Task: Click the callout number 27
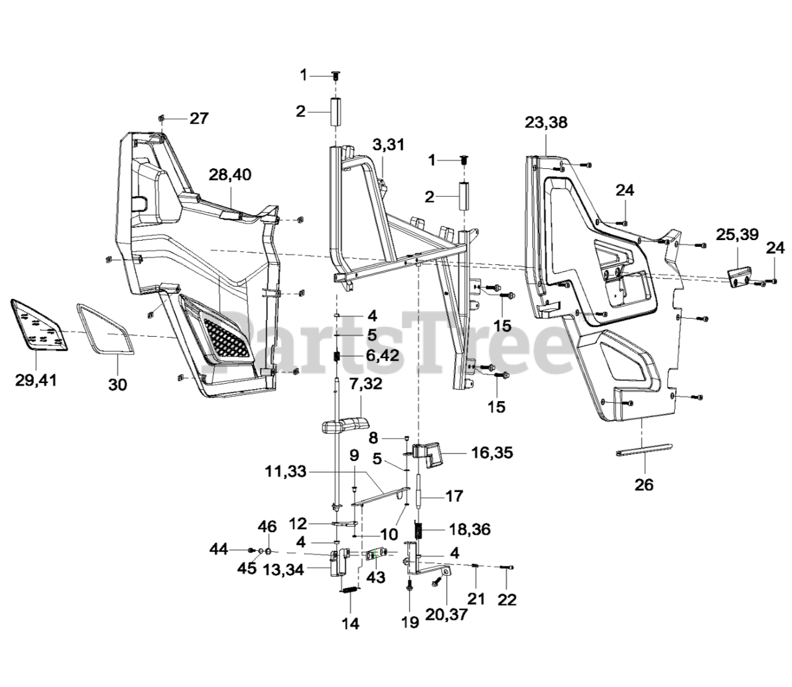pyautogui.click(x=199, y=118)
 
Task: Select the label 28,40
pyautogui.click(x=230, y=175)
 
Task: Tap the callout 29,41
pyautogui.click(x=36, y=380)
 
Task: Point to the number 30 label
pyautogui.click(x=118, y=384)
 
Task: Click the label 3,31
pyautogui.click(x=389, y=145)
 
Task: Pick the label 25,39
pyautogui.click(x=737, y=234)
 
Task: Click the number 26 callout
pyautogui.click(x=644, y=485)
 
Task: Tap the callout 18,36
pyautogui.click(x=470, y=529)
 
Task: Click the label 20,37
pyautogui.click(x=447, y=615)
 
